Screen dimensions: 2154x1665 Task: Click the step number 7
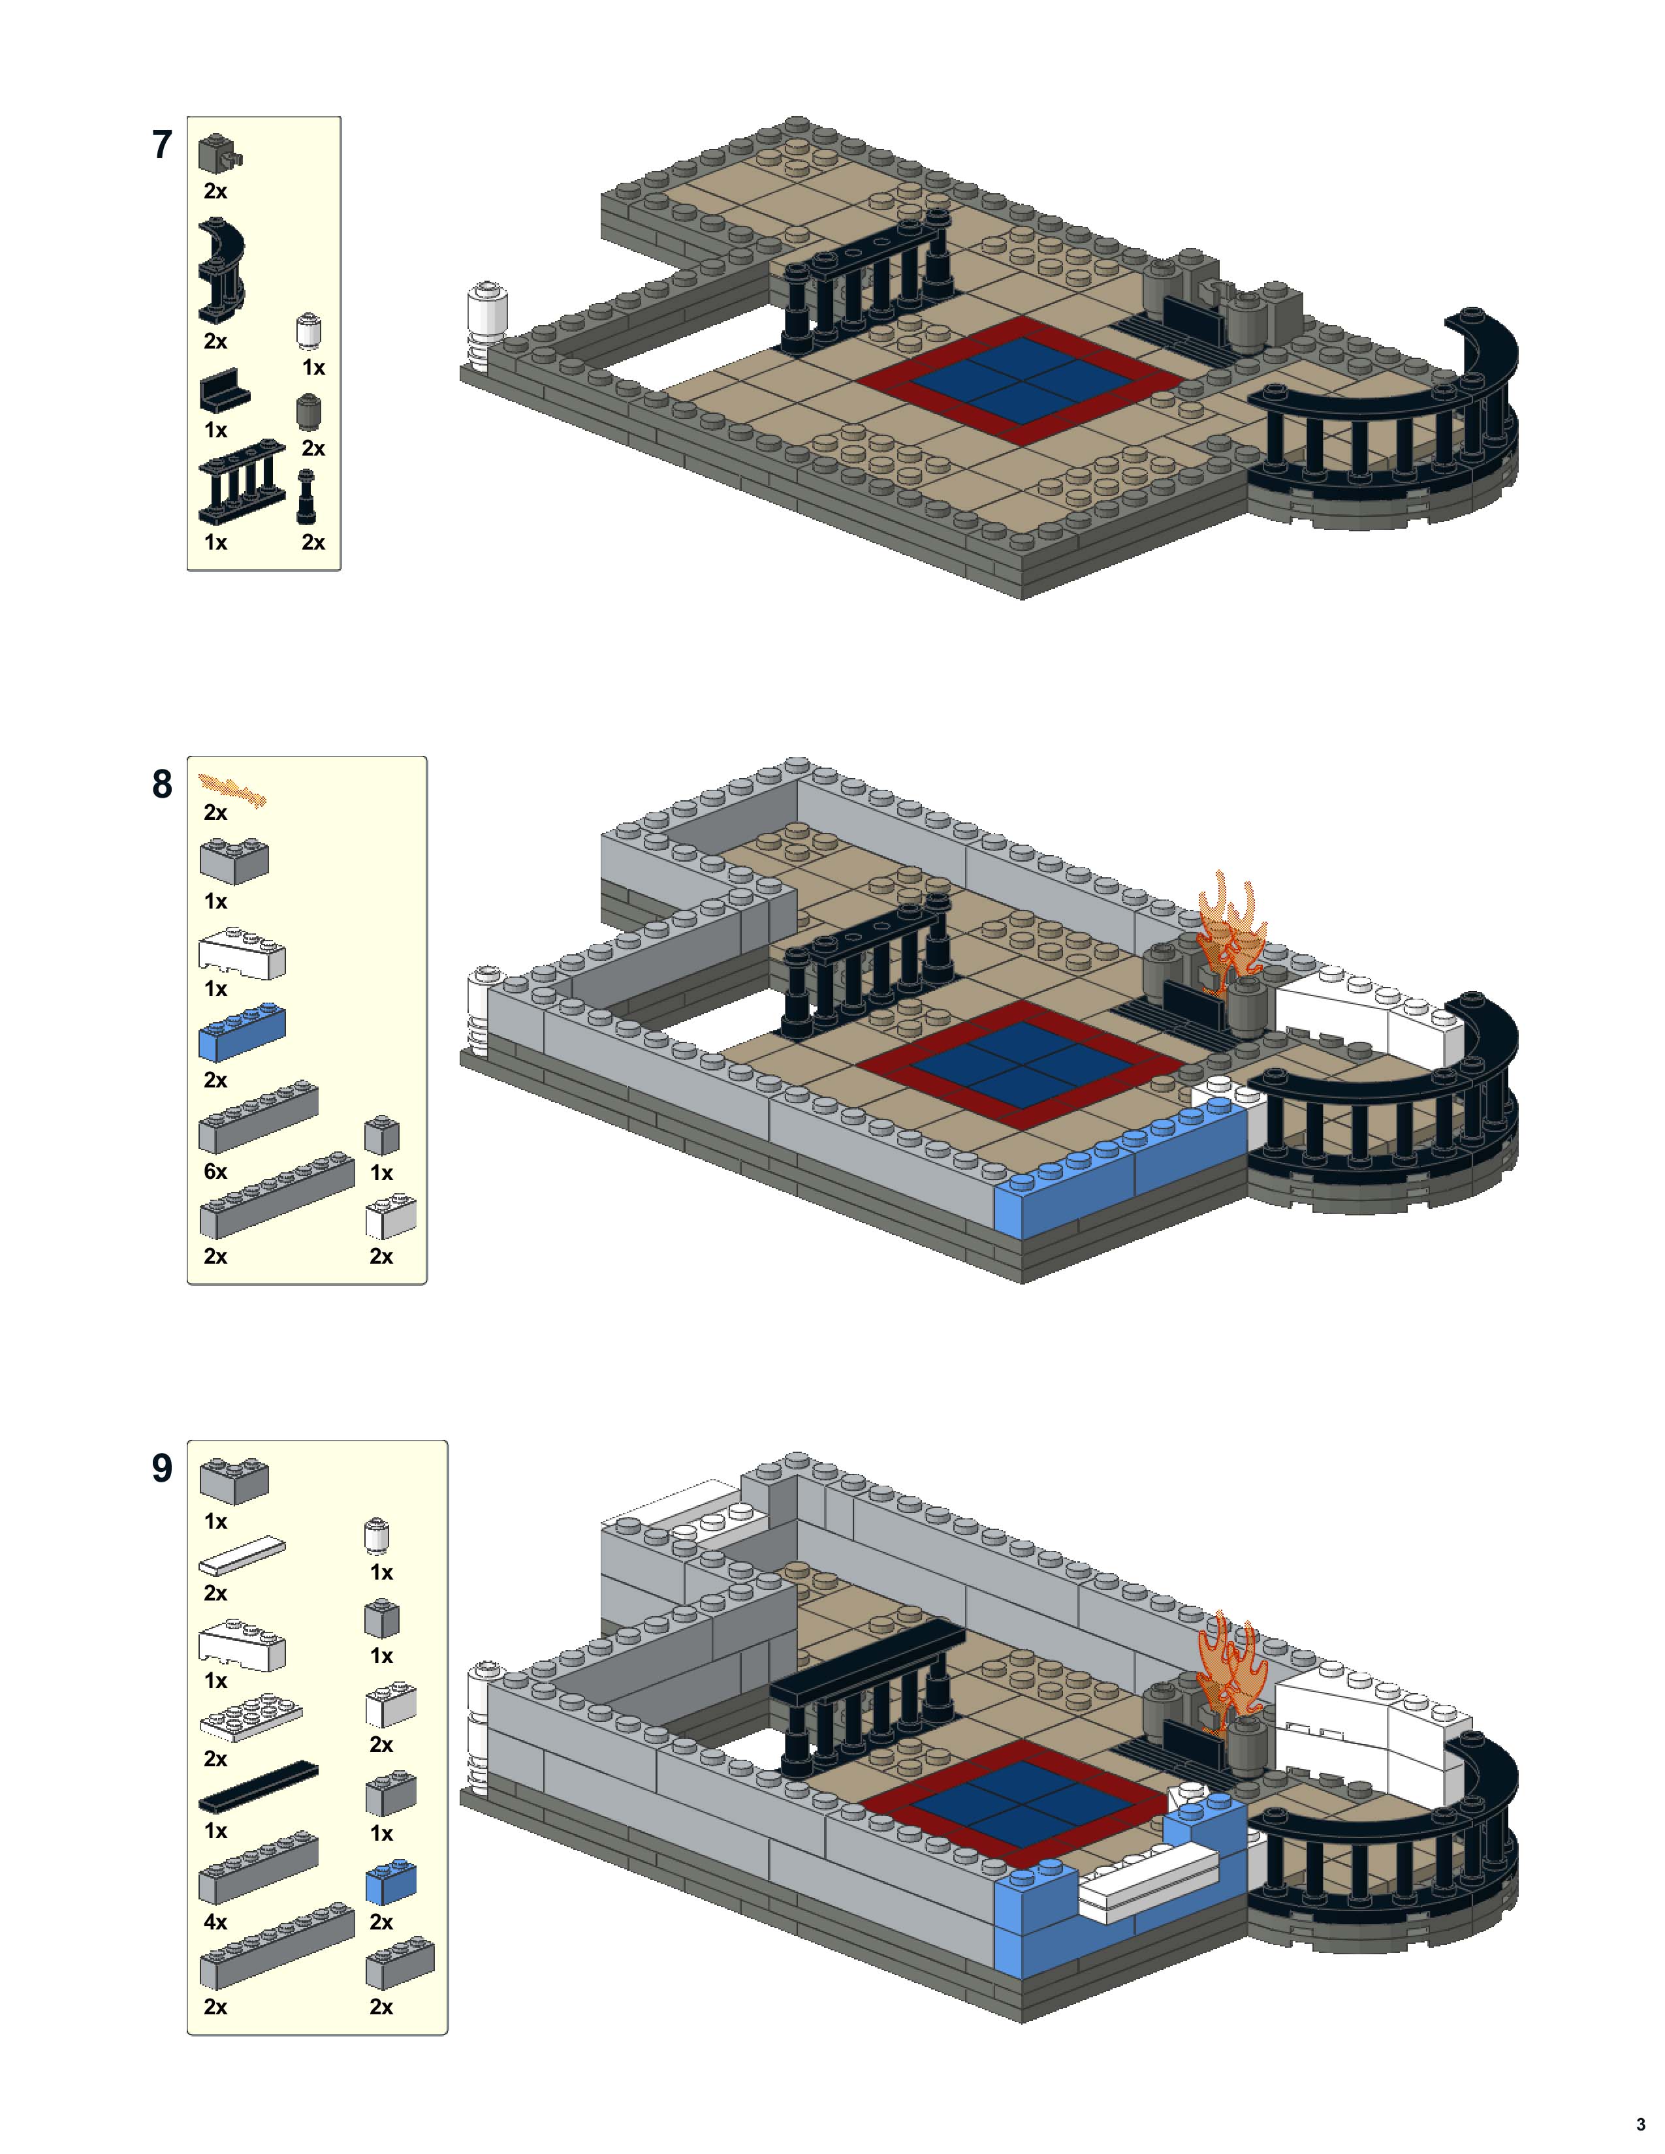tap(162, 145)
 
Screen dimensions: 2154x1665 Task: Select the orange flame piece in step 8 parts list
tap(233, 789)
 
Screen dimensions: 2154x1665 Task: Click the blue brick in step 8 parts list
tap(242, 1031)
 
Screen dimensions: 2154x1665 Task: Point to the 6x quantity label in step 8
tap(215, 1171)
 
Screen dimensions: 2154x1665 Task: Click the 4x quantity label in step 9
tap(215, 1921)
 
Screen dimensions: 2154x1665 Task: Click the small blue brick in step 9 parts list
tap(390, 1882)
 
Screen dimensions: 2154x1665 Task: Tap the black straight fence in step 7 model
tap(868, 286)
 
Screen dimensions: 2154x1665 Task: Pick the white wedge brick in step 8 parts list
tap(242, 954)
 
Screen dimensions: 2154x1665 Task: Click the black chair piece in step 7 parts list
tap(224, 392)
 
